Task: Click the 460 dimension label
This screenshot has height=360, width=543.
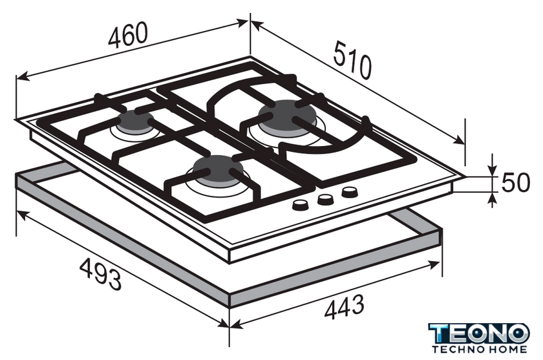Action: tap(128, 35)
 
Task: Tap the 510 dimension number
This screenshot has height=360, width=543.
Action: tap(352, 60)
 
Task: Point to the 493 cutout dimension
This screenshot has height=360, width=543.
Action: tap(100, 275)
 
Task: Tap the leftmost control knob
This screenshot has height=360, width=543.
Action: tap(300, 205)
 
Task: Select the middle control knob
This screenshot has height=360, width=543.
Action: tap(325, 199)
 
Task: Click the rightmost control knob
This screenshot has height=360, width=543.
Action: tap(350, 192)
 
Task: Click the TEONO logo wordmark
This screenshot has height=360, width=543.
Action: tap(479, 334)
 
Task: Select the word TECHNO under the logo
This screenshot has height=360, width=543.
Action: tap(458, 349)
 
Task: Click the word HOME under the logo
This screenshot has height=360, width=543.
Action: tap(507, 349)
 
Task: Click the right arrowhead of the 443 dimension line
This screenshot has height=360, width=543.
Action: tap(434, 265)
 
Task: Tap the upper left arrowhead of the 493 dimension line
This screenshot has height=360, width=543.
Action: tap(22, 215)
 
